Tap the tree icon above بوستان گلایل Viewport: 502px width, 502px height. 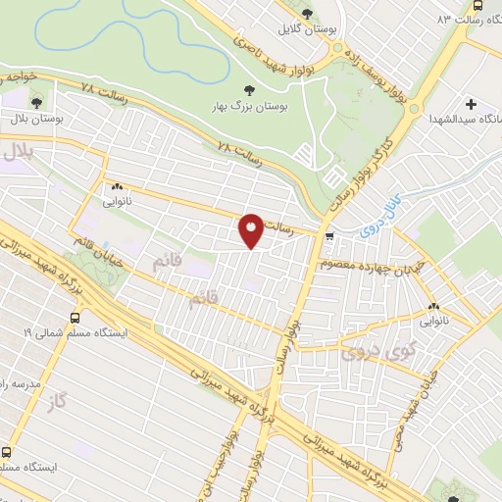tap(308, 14)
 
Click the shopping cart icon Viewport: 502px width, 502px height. tap(329, 235)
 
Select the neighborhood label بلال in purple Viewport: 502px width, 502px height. tap(19, 152)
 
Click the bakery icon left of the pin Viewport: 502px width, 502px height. tap(117, 186)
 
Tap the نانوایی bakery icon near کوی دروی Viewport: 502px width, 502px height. tap(432, 307)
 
